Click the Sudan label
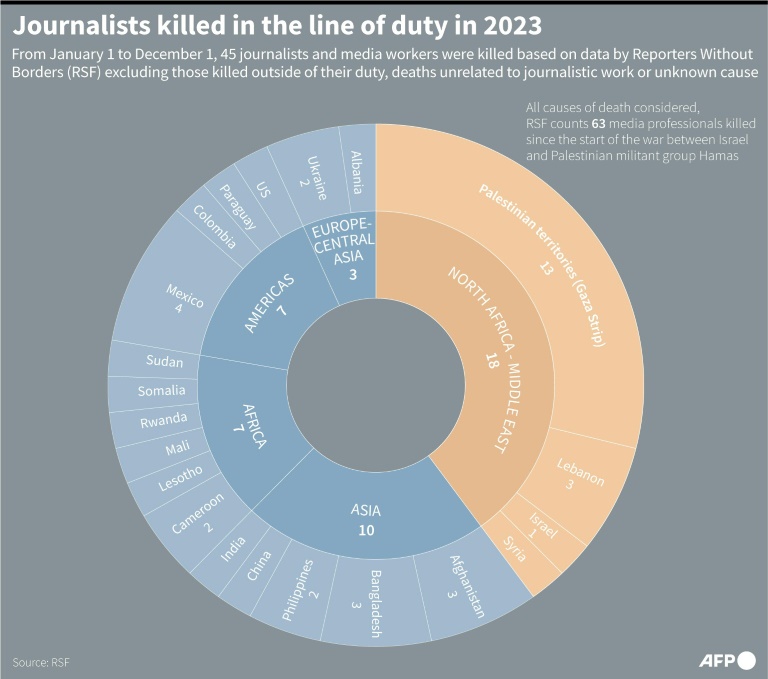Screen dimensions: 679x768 click(x=164, y=361)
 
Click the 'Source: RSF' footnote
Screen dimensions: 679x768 click(x=41, y=662)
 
